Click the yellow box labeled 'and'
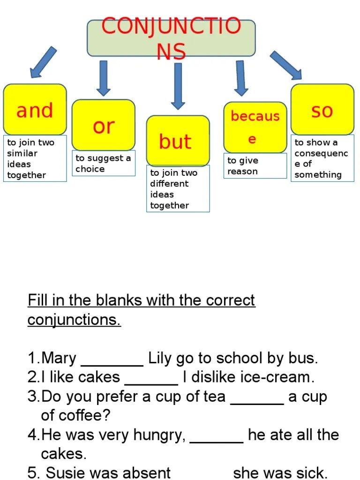tap(35, 110)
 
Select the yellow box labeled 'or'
tap(104, 125)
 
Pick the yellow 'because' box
tap(255, 127)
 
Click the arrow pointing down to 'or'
tap(104, 78)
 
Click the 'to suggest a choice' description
tap(104, 164)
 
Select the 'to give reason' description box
tap(255, 166)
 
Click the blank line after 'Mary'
tap(112, 364)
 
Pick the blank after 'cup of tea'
tap(258, 403)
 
